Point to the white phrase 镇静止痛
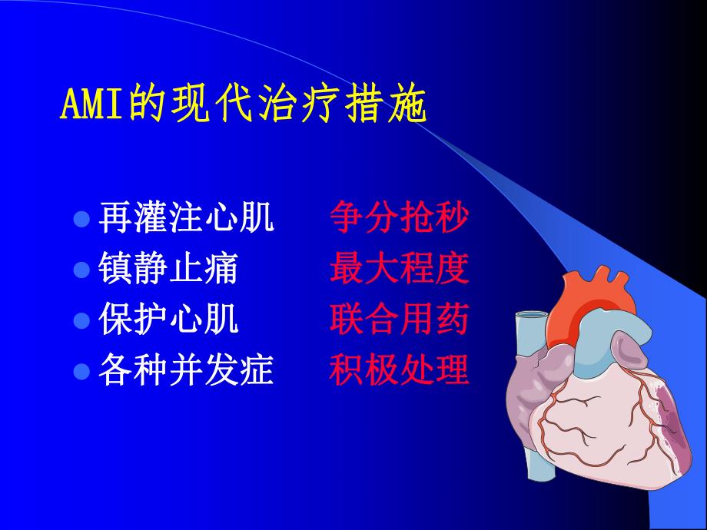coord(168,270)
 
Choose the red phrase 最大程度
coord(399,270)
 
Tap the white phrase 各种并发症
coord(186,371)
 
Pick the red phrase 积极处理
coord(399,371)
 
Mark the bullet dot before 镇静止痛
coord(81,271)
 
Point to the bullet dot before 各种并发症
coord(81,373)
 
